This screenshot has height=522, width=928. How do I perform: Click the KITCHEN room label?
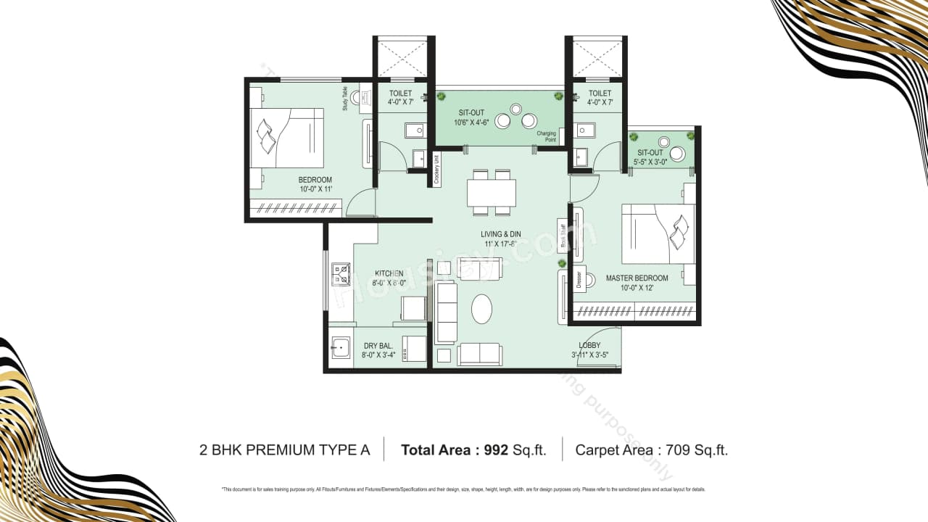[389, 273]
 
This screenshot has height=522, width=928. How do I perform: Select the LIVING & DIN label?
[500, 234]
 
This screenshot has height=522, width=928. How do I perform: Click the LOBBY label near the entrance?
[589, 346]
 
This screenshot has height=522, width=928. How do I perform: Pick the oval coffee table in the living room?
[481, 309]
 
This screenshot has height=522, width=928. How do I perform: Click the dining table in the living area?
[492, 193]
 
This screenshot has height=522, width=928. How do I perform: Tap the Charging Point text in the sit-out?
[546, 136]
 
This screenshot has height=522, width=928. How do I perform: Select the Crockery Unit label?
[436, 169]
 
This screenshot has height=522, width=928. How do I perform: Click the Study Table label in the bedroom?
[346, 99]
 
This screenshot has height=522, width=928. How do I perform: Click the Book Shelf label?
[563, 236]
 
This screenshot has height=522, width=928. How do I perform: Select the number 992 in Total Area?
[495, 449]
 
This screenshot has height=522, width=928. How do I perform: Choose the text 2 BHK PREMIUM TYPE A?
[284, 449]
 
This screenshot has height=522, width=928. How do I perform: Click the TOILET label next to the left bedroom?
[400, 94]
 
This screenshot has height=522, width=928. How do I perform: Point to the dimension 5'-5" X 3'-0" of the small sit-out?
[650, 162]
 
